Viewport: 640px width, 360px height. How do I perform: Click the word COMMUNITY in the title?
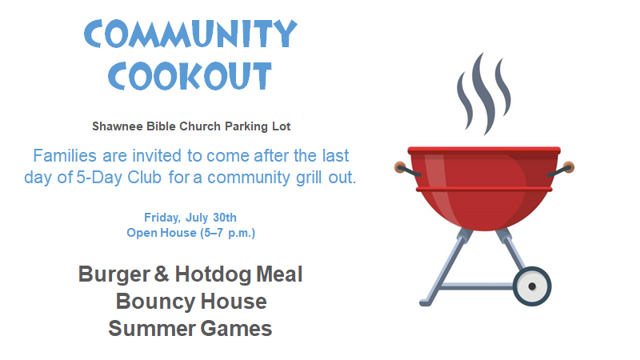pyautogui.click(x=190, y=34)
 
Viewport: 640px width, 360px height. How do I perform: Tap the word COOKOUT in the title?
pyautogui.click(x=190, y=76)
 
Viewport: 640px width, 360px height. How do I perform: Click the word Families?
pyautogui.click(x=65, y=155)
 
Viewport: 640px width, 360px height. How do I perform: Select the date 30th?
pyautogui.click(x=225, y=218)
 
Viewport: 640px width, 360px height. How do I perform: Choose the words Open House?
pyautogui.click(x=162, y=233)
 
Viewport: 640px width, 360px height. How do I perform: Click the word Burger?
pyautogui.click(x=114, y=274)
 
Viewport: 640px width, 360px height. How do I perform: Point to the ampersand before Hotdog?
pyautogui.click(x=162, y=274)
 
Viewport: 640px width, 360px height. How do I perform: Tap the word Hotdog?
pyautogui.click(x=212, y=274)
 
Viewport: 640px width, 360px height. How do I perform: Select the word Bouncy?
pyautogui.click(x=156, y=302)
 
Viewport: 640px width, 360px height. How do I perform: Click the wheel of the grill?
pyautogui.click(x=532, y=286)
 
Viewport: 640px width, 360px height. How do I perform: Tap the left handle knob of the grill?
pyautogui.click(x=400, y=167)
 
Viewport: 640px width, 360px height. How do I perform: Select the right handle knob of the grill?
pyautogui.click(x=569, y=167)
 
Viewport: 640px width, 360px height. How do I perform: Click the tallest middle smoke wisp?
pyautogui.click(x=483, y=94)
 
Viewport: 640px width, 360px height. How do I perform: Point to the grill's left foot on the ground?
pyautogui.click(x=426, y=303)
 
